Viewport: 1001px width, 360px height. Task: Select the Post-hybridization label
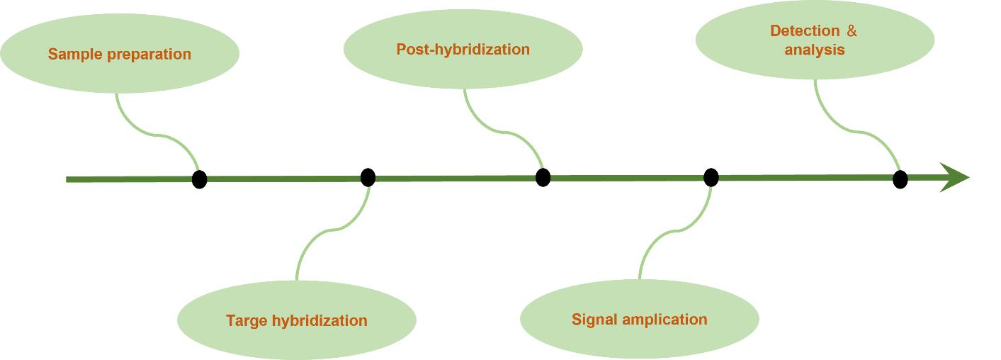[x=463, y=50]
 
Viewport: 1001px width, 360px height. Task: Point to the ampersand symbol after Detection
[x=852, y=31]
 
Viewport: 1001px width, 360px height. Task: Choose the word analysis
[x=814, y=50]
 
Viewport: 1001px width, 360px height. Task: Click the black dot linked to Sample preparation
[x=200, y=179]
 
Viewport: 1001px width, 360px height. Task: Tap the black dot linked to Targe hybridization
[x=368, y=177]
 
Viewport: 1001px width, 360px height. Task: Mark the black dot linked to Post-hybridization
[x=543, y=177]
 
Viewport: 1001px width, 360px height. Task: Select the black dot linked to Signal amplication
[x=711, y=177]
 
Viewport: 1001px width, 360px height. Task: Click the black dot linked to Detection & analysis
[x=900, y=179]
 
